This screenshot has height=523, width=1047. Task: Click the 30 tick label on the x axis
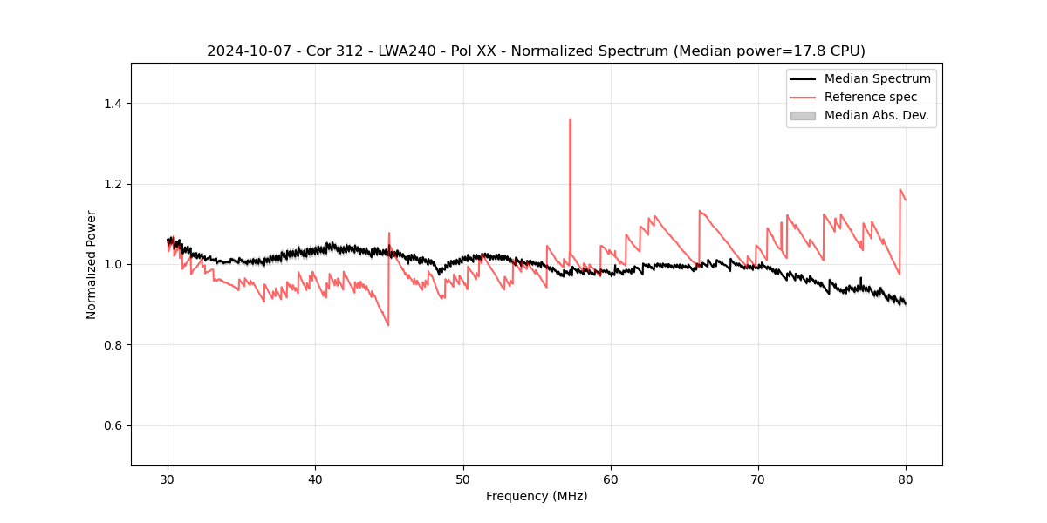pos(168,479)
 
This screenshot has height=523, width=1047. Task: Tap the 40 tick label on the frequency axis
pos(316,479)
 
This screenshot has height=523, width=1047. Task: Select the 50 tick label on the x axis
pos(463,479)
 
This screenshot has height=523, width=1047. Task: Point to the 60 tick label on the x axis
pos(611,479)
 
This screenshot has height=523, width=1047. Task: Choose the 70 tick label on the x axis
pos(758,479)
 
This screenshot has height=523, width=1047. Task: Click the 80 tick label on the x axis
pos(906,479)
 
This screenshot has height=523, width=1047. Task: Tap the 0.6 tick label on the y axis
pos(113,425)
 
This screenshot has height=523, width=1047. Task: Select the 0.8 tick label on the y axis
pos(113,345)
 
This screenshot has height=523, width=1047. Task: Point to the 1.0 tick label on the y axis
pos(113,264)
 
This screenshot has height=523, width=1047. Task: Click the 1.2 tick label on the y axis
pos(113,184)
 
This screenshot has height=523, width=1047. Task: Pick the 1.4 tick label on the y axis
pos(113,104)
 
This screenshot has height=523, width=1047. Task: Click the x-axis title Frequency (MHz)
pos(537,497)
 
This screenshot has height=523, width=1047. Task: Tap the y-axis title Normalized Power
pos(92,264)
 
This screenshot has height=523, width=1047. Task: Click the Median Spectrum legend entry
pos(877,78)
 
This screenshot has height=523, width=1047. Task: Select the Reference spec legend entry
pos(871,97)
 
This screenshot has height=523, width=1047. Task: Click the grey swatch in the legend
pos(803,115)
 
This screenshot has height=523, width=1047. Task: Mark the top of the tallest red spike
pos(570,119)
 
